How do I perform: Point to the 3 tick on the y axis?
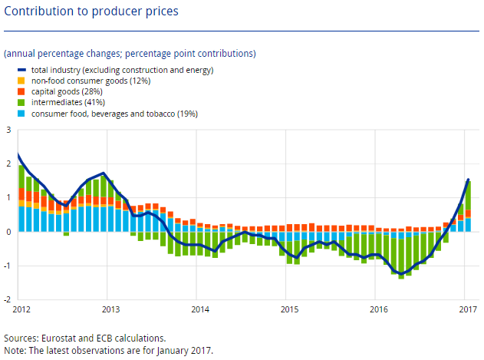pyautogui.click(x=8, y=130)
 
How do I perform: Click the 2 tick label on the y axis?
pyautogui.click(x=8, y=164)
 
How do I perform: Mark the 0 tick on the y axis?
pyautogui.click(x=8, y=232)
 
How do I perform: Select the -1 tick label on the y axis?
pyautogui.click(x=7, y=266)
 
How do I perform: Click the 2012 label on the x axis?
pyautogui.click(x=23, y=309)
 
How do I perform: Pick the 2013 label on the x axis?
pyautogui.click(x=111, y=309)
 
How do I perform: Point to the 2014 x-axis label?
pyautogui.click(x=200, y=309)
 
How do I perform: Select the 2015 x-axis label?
pyautogui.click(x=289, y=309)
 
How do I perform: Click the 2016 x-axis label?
pyautogui.click(x=378, y=309)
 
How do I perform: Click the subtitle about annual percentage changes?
pyautogui.click(x=130, y=54)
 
